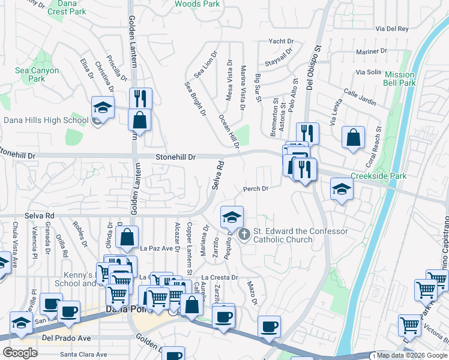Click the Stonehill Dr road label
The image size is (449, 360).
176,157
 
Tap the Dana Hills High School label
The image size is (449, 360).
46,120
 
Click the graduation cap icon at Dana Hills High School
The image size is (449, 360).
103,108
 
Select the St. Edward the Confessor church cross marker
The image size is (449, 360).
244,234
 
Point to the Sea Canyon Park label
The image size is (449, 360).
37,74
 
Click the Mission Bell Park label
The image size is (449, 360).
399,79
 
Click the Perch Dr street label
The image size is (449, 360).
255,188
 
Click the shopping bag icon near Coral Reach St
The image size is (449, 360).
354,137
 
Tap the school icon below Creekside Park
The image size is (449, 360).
342,190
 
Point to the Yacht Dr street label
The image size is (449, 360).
281,41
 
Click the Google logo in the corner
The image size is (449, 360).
20,353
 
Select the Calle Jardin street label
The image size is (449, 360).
360,98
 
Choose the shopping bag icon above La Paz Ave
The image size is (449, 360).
128,238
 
